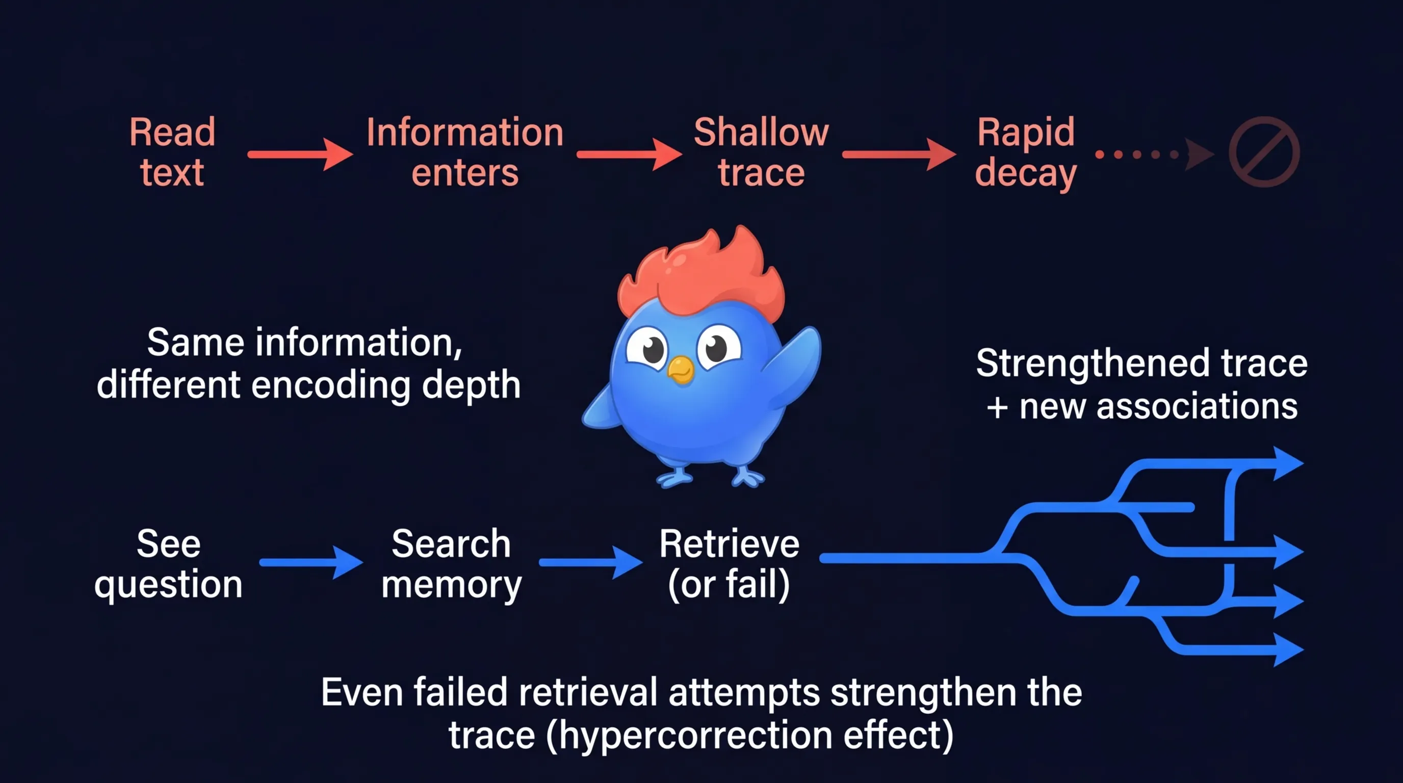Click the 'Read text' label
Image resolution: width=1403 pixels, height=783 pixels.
click(x=172, y=152)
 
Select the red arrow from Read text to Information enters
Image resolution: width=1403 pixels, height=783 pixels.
click(x=300, y=154)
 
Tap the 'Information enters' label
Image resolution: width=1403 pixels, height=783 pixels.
click(x=464, y=152)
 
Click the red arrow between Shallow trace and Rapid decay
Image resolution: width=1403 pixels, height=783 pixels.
click(x=898, y=154)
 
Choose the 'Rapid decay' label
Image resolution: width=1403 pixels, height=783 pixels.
click(x=1025, y=152)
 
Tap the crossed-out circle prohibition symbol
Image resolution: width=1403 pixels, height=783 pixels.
click(x=1264, y=152)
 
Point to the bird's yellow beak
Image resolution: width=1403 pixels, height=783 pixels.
click(x=681, y=370)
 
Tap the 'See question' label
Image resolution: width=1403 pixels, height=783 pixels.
click(x=168, y=564)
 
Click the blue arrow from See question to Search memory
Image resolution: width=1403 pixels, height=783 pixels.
click(x=310, y=562)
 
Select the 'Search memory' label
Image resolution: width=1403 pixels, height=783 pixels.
click(x=451, y=564)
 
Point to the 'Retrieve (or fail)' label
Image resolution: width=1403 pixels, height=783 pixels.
click(x=729, y=564)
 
